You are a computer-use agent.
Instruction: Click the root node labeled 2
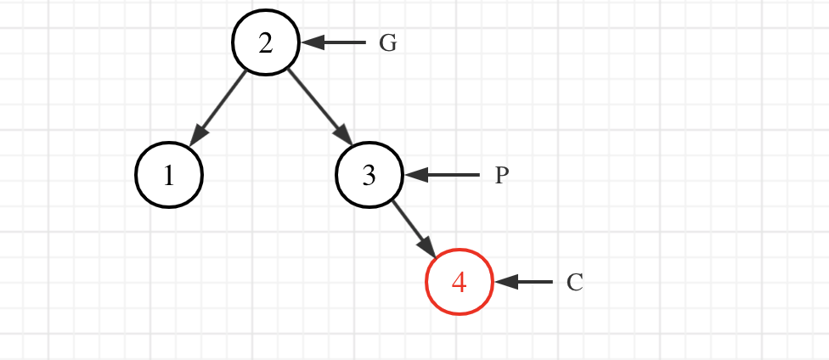pos(266,42)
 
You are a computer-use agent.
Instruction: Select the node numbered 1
pos(169,175)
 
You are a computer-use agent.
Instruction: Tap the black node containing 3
pos(369,175)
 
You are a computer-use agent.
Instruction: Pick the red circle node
pos(459,282)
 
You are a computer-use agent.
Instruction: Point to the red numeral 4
pos(459,282)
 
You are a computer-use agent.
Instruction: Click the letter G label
pos(387,43)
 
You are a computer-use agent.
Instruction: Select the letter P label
pos(502,176)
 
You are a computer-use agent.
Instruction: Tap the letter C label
pos(575,283)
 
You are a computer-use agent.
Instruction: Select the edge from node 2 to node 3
pos(316,105)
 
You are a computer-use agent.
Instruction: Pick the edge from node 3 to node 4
pos(413,228)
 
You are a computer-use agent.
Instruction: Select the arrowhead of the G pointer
pos(310,42)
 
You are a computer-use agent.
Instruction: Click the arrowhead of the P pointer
pos(414,175)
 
